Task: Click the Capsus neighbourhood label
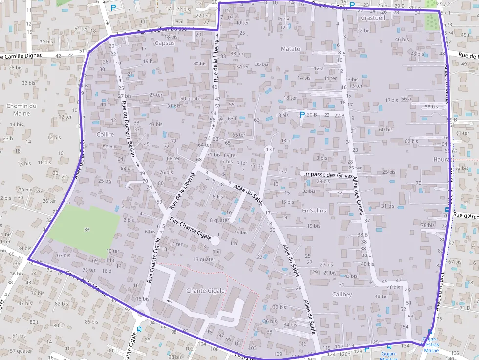(x=164, y=43)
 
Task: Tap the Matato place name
(x=290, y=49)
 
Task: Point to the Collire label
(x=105, y=134)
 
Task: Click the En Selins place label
(x=314, y=210)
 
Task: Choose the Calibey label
(x=342, y=295)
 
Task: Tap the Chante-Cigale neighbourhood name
(x=205, y=291)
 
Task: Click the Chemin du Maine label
(x=22, y=109)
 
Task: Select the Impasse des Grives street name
(x=328, y=174)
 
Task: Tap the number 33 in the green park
(x=87, y=229)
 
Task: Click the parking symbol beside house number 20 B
(x=302, y=115)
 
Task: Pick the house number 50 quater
(x=191, y=98)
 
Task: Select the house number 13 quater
(x=204, y=259)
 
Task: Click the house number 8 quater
(x=219, y=220)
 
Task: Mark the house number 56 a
(x=405, y=99)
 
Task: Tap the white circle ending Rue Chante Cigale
(x=215, y=240)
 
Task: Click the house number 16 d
(x=107, y=271)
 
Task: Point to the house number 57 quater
(x=21, y=351)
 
